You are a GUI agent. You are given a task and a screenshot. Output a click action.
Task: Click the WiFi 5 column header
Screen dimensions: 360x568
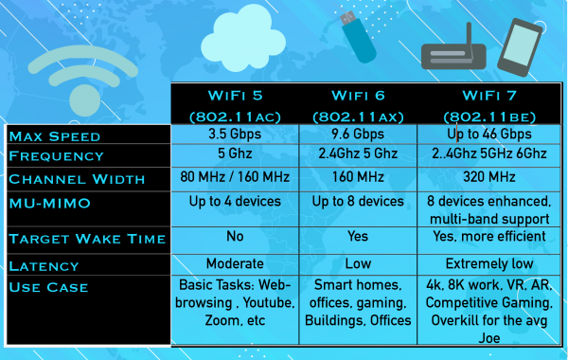coord(234,105)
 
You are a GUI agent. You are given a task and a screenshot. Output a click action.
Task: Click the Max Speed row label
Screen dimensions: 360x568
coord(55,136)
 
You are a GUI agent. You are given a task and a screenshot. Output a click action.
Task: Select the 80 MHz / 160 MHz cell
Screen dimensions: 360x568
coord(233,177)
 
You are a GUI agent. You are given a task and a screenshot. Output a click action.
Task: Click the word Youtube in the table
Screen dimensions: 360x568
coord(261,303)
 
